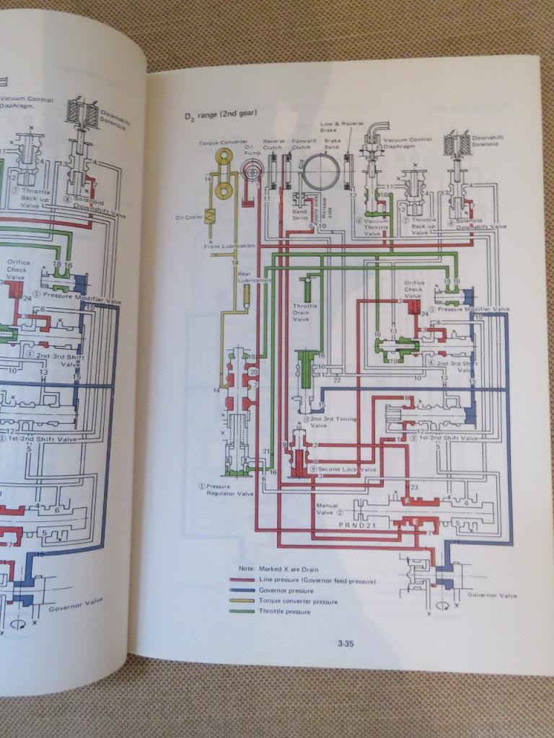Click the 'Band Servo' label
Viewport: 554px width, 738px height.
[300, 216]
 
